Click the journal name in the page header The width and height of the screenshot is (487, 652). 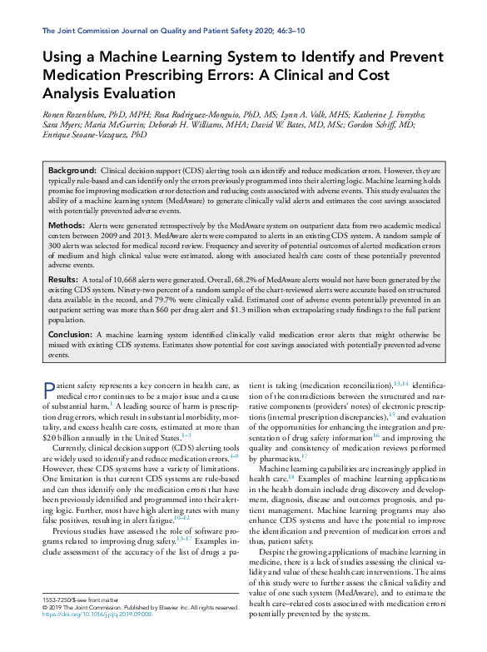pos(150,31)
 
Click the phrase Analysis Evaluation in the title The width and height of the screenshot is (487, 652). pos(108,92)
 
